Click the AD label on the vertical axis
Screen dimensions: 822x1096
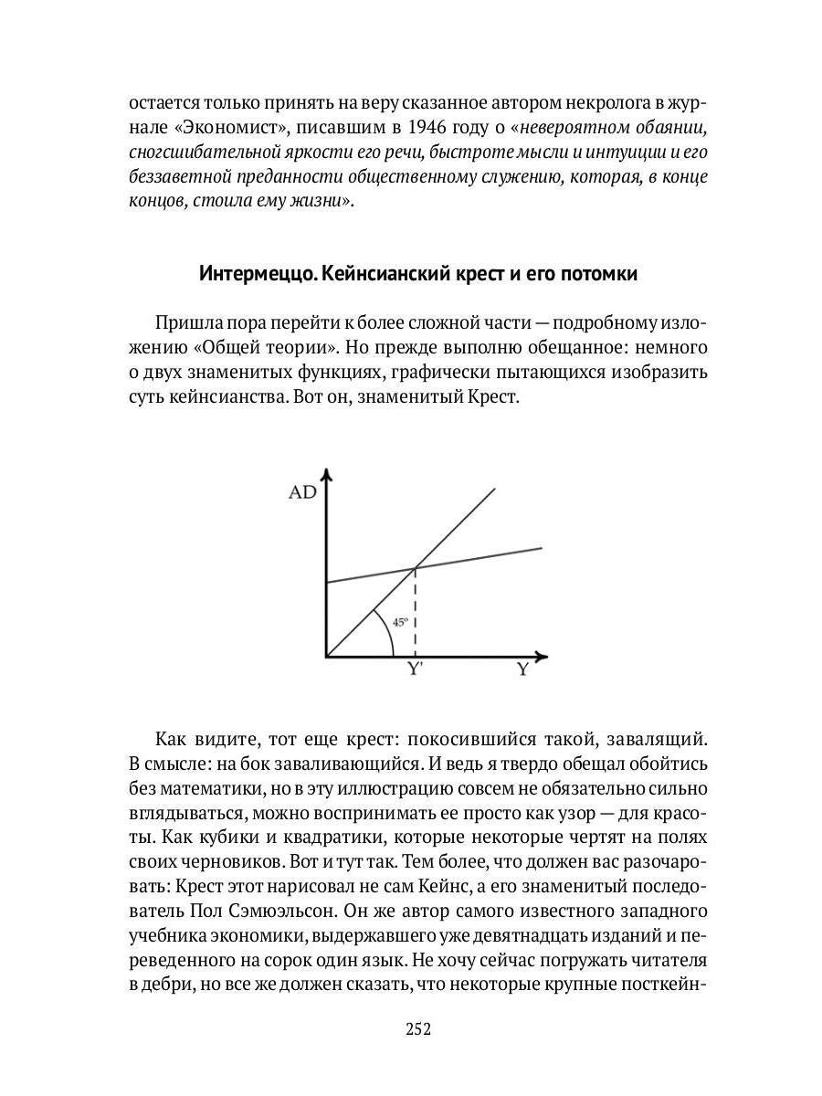click(x=302, y=493)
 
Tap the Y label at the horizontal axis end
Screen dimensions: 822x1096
click(x=522, y=669)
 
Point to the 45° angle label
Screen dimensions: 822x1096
click(x=400, y=623)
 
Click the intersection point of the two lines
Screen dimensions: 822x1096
click(x=416, y=568)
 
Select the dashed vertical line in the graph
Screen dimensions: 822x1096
click(x=416, y=612)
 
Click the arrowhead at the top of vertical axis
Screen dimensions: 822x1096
click(x=326, y=474)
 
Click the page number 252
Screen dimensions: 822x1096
click(x=417, y=1029)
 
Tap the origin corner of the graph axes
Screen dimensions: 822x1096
click(x=326, y=656)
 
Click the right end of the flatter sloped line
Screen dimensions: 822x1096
click(x=541, y=548)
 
